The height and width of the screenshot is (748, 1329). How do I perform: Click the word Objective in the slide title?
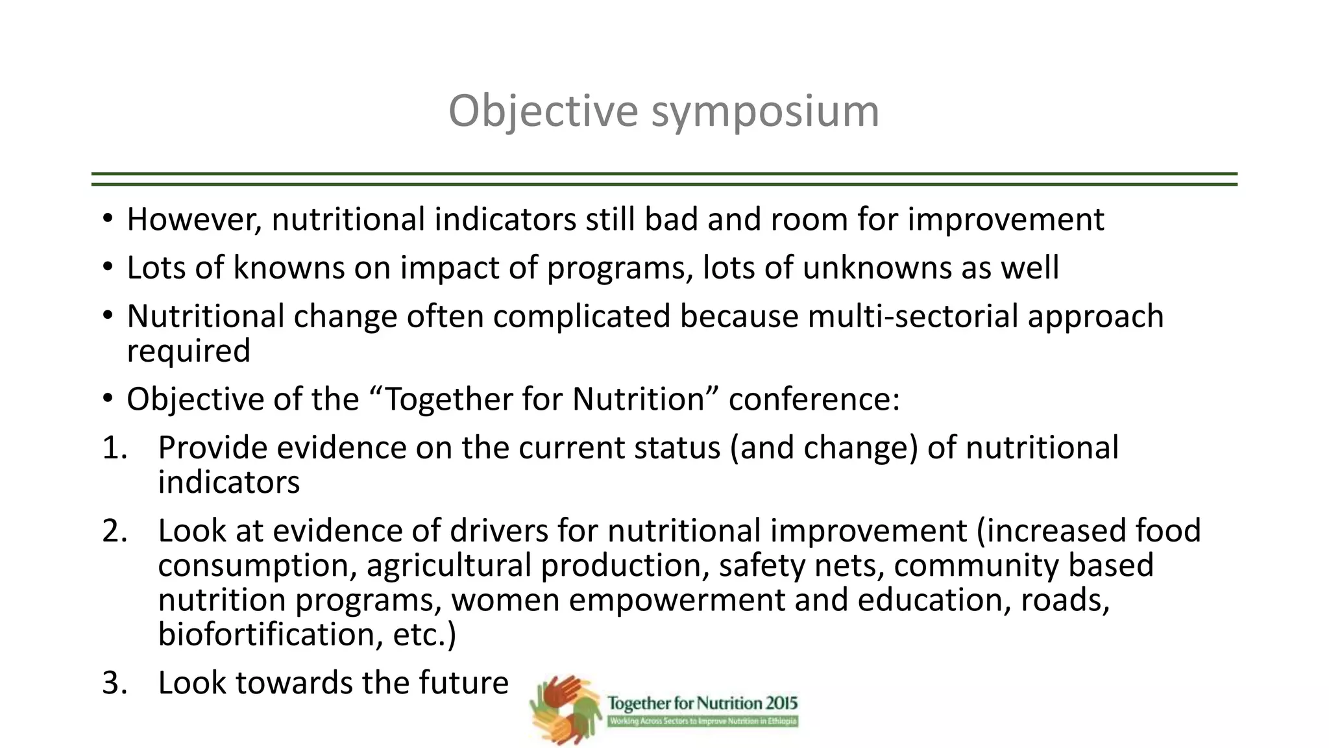click(x=543, y=111)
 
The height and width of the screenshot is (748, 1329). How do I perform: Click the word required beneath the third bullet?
click(x=188, y=351)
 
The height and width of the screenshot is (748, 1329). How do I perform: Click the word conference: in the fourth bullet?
click(x=814, y=399)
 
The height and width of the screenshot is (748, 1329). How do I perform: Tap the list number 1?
click(x=115, y=448)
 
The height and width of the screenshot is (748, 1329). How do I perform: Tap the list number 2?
click(x=115, y=531)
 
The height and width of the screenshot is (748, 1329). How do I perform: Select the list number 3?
click(x=115, y=683)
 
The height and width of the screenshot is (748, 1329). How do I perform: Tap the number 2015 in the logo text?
click(x=781, y=703)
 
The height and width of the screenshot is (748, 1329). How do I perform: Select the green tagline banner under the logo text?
click(x=703, y=721)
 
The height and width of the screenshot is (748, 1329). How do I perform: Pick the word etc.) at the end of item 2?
click(x=424, y=634)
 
